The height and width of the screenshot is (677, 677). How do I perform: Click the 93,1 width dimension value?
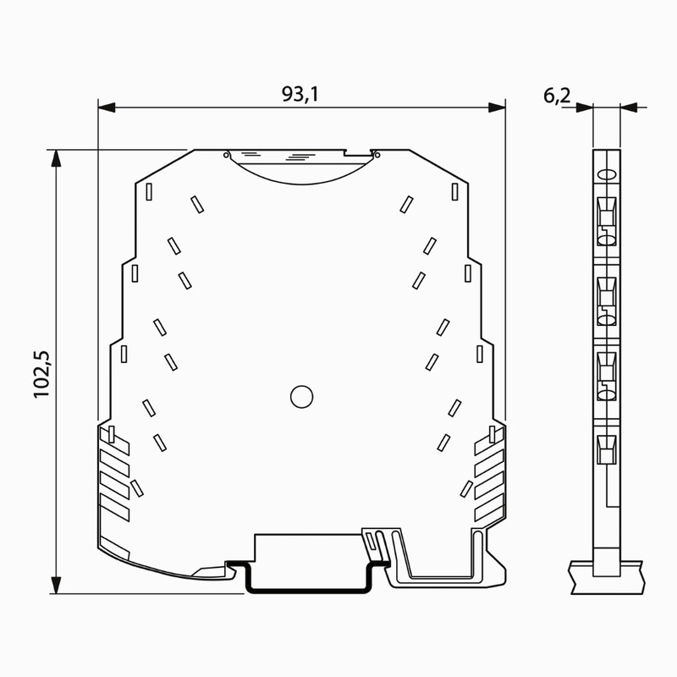(x=300, y=95)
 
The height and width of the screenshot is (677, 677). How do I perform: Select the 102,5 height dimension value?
(x=44, y=373)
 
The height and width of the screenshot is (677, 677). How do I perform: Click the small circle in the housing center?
(x=301, y=396)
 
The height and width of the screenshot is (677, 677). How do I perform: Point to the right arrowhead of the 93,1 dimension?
(x=498, y=107)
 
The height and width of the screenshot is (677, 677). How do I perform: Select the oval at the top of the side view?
(x=606, y=174)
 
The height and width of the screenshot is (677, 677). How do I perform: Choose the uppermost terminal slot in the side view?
(x=606, y=220)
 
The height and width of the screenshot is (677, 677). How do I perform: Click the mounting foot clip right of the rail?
(x=440, y=563)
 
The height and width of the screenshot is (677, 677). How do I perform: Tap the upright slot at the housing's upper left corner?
(x=148, y=191)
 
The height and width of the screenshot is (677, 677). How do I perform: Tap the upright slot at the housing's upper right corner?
(x=454, y=191)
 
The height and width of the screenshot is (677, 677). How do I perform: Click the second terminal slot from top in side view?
(x=606, y=296)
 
